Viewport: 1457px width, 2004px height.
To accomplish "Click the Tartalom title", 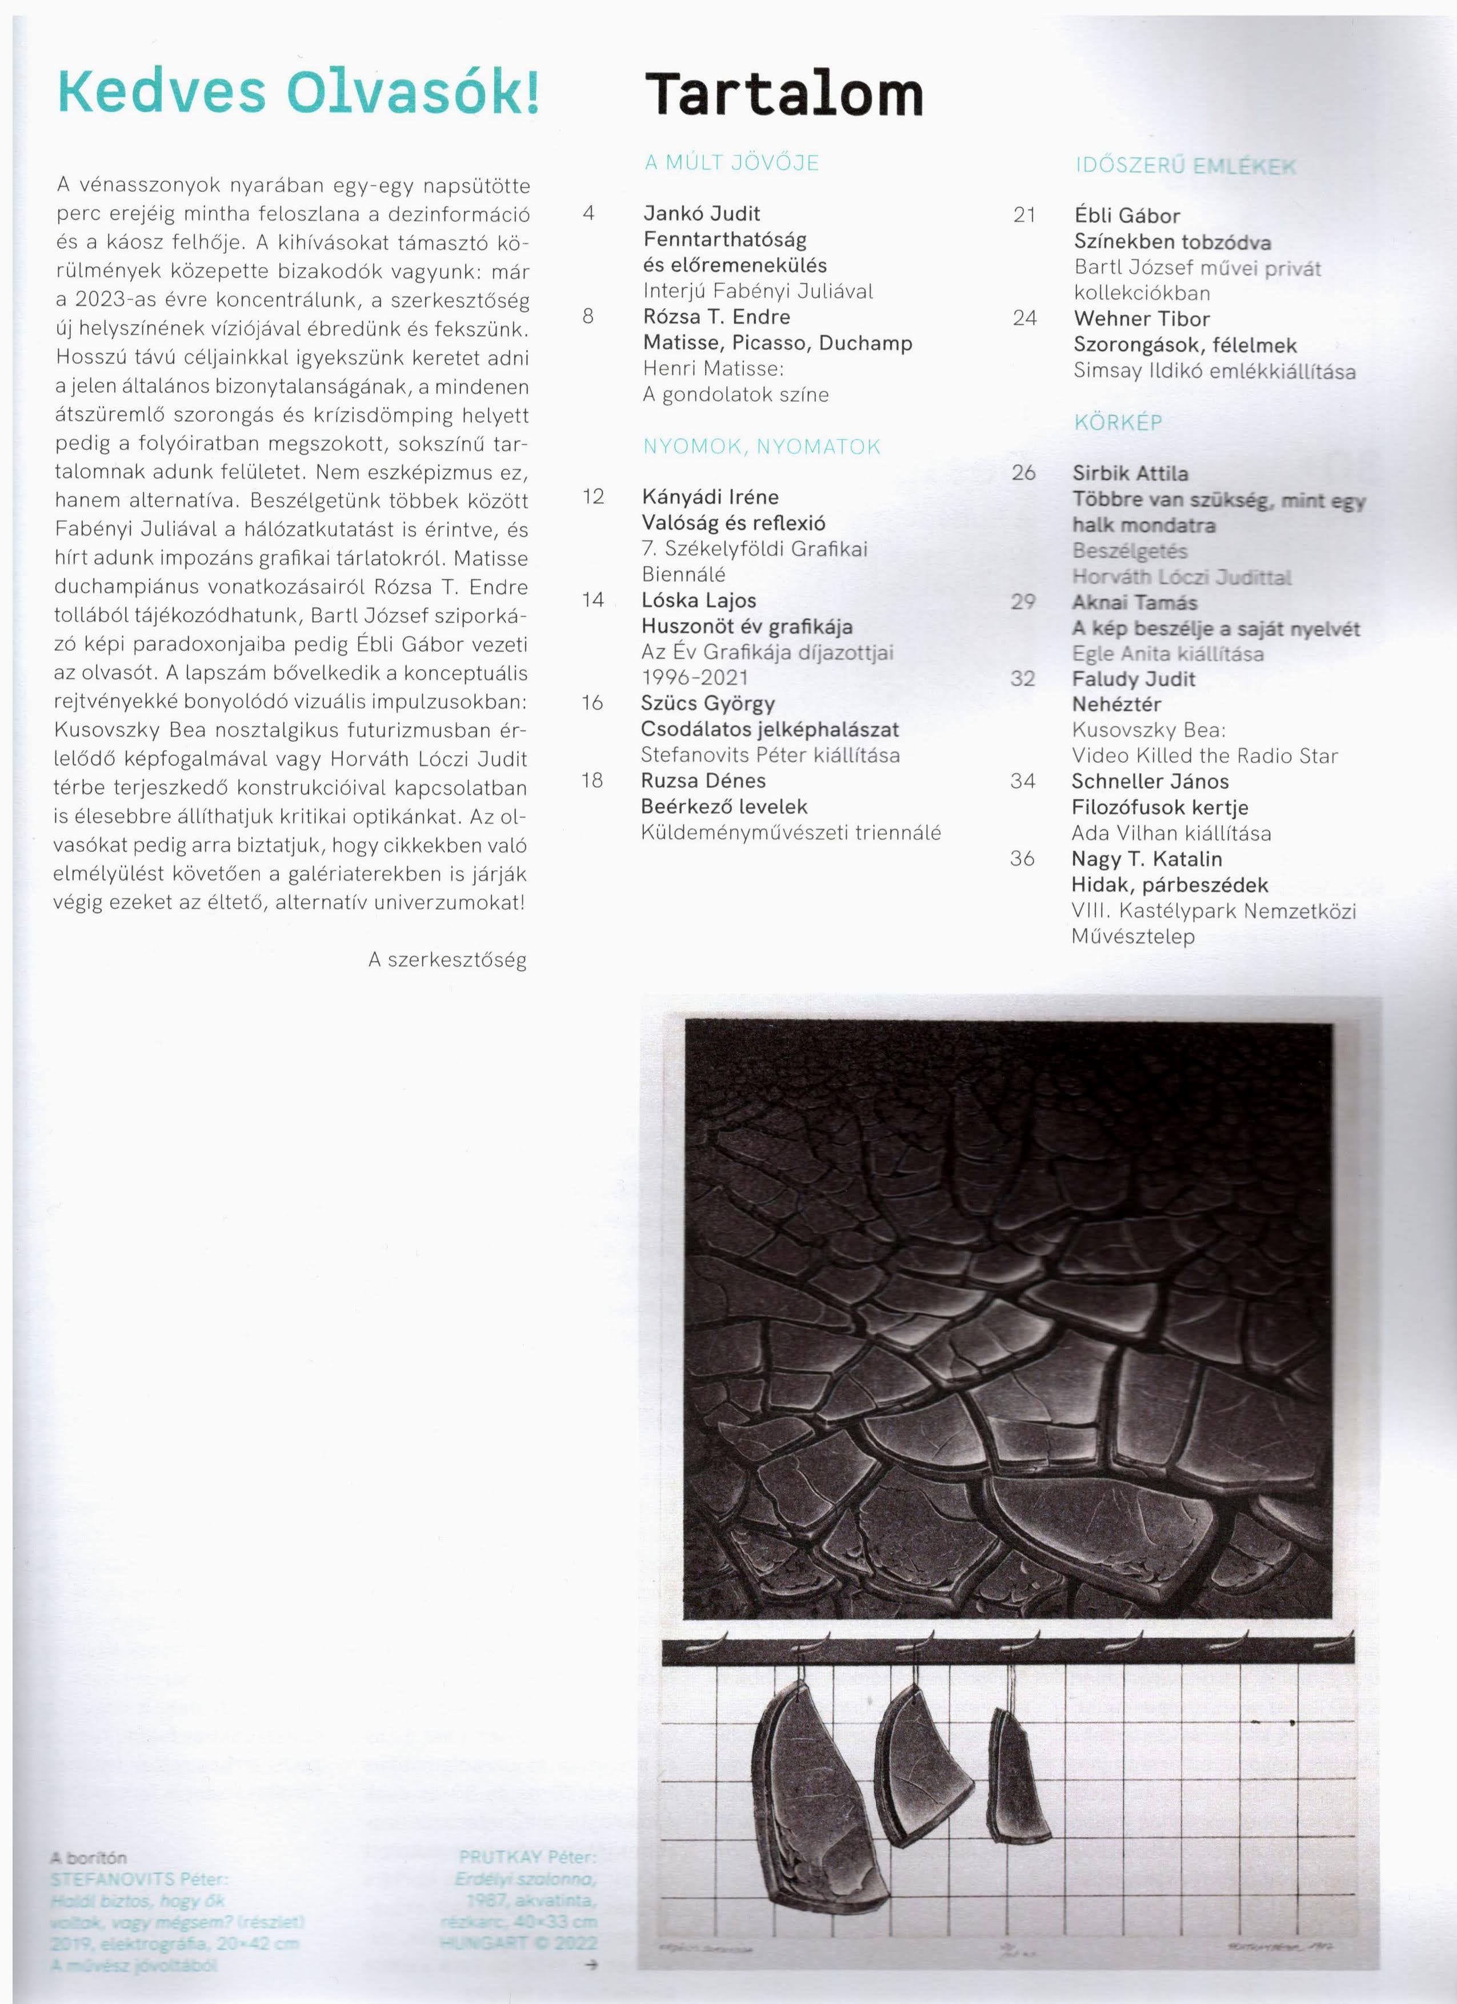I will (784, 94).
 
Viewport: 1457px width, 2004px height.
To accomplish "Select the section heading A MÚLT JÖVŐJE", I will (731, 163).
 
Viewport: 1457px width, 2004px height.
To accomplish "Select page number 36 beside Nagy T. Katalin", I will (1022, 858).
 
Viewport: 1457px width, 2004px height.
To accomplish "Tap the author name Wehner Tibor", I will (1142, 319).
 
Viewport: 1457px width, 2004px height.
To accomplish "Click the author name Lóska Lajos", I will (699, 601).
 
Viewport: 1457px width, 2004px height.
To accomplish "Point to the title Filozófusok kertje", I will (1159, 807).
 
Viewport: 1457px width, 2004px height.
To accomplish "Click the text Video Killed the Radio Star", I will (1204, 755).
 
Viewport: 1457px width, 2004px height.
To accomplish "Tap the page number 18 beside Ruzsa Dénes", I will (592, 780).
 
